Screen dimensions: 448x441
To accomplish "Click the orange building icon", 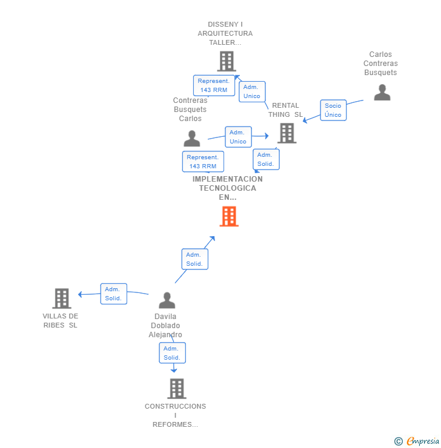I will (229, 216).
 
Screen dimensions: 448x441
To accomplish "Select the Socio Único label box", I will (333, 110).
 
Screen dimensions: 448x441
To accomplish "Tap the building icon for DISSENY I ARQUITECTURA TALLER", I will (226, 61).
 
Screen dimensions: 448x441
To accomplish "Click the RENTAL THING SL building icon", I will (287, 133).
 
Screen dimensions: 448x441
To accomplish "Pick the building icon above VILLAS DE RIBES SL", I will (62, 298).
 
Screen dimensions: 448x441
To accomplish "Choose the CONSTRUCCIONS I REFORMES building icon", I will (176, 389).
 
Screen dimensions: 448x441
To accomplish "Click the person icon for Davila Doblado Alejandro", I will (167, 300).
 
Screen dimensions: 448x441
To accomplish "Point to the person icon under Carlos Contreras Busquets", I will (382, 92).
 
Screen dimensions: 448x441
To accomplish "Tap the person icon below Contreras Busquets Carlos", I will (191, 139).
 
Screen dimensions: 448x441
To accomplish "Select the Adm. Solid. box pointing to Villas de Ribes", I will (113, 294).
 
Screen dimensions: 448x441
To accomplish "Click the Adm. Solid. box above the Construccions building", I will (172, 353).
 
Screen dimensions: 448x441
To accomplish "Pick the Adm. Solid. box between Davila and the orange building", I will (194, 259).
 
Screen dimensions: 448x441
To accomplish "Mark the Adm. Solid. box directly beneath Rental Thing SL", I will (266, 159).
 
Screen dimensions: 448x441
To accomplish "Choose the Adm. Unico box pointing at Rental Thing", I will (238, 137).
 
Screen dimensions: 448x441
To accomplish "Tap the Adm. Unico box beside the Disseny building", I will (252, 91).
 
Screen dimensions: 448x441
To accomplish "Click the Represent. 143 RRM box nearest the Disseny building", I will (214, 85).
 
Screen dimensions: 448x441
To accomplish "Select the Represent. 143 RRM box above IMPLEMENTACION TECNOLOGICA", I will (203, 162).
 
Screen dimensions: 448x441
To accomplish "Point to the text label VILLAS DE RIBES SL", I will (61, 320).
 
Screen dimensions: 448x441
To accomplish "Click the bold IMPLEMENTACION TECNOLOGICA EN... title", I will (228, 188).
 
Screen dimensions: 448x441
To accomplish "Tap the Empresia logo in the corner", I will (417, 441).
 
